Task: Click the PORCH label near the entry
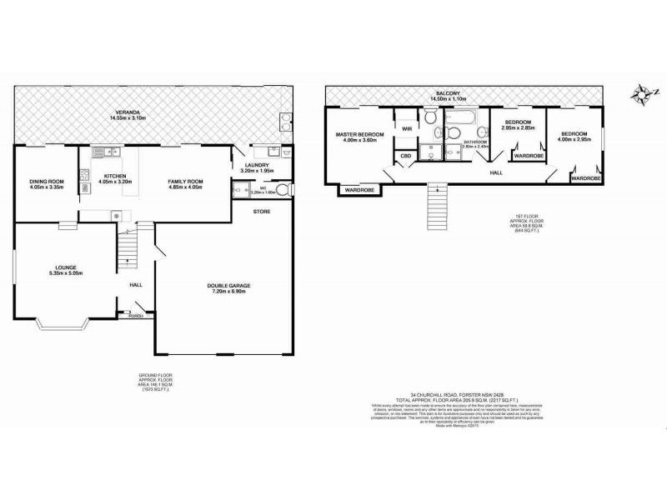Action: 135,316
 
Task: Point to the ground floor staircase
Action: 128,247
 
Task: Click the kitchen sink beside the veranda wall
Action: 101,152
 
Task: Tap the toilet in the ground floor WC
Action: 239,191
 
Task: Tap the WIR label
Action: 407,129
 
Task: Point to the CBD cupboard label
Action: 406,156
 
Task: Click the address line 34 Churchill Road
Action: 445,395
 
